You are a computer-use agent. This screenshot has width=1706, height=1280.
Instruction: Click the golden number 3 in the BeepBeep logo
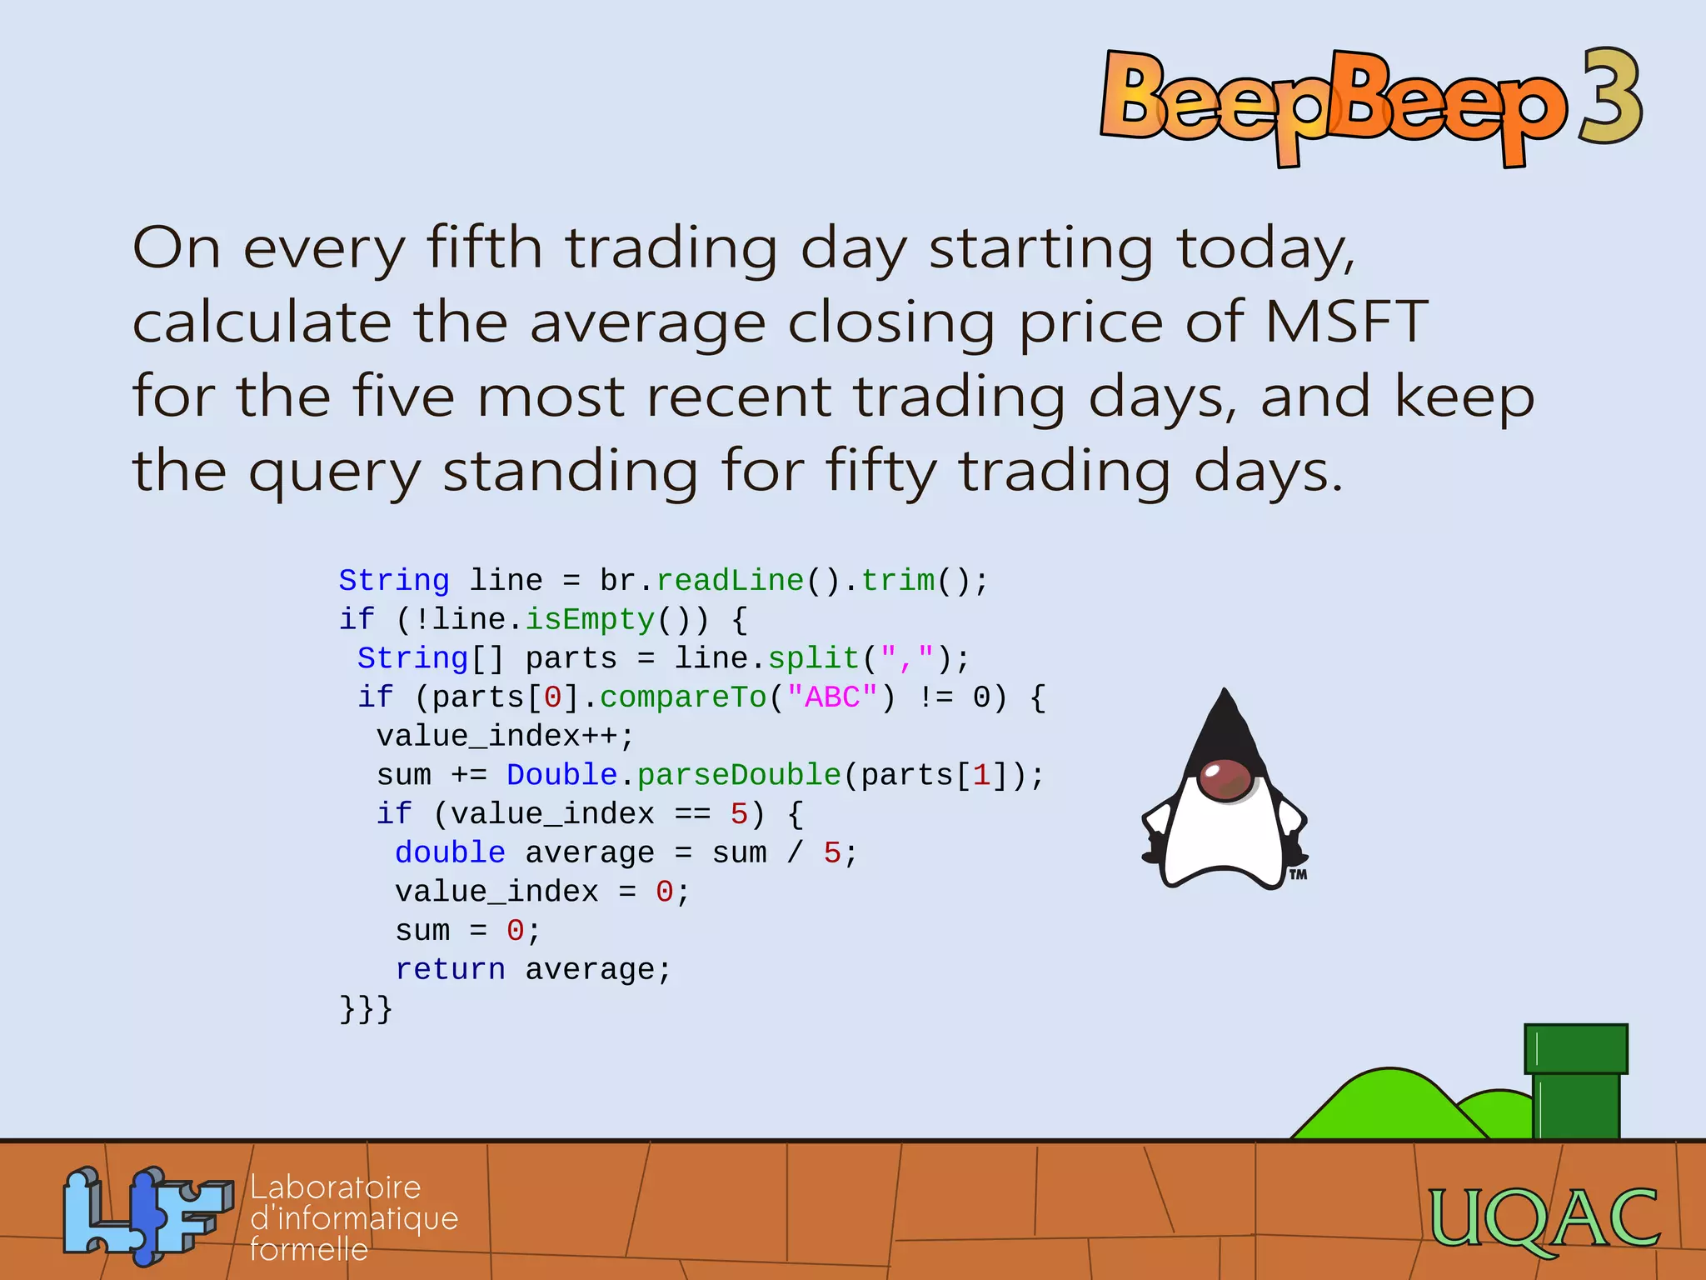click(1610, 98)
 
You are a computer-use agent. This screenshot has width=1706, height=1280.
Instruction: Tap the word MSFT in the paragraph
click(1346, 322)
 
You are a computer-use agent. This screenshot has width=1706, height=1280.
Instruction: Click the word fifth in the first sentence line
click(484, 247)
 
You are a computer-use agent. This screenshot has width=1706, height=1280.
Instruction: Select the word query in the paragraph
click(336, 472)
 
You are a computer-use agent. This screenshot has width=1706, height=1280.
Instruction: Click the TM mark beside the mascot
click(1298, 875)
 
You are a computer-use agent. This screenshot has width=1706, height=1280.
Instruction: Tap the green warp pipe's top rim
click(1575, 1048)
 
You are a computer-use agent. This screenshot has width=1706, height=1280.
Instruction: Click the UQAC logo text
click(1544, 1218)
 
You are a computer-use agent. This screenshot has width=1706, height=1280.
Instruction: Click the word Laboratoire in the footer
click(336, 1187)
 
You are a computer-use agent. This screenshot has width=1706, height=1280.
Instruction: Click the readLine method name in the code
click(730, 580)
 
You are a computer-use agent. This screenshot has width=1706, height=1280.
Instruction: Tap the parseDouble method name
click(739, 775)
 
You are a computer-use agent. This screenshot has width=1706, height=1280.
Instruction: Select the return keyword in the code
click(450, 969)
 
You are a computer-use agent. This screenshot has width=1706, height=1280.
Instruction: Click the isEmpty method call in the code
click(590, 619)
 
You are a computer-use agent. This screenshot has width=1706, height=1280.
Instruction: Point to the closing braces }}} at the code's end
click(365, 1008)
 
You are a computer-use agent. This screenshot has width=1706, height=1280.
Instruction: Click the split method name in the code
click(813, 658)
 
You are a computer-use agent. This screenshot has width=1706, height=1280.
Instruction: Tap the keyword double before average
click(450, 852)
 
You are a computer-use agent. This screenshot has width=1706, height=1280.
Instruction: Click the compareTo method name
click(683, 697)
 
